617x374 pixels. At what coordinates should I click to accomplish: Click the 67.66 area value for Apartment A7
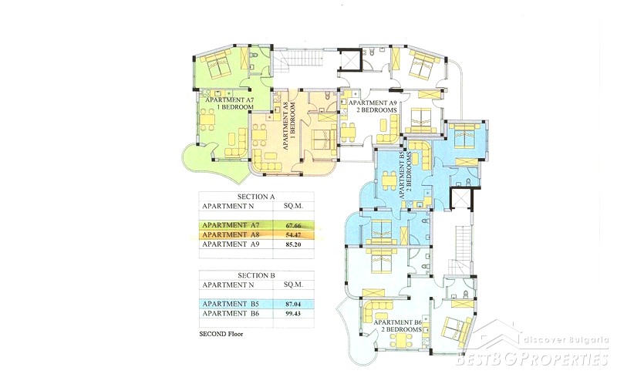293,225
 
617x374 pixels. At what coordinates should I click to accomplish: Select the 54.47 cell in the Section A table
293,234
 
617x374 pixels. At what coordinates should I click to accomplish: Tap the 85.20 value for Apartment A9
293,244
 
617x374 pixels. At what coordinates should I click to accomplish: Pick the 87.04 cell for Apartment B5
293,304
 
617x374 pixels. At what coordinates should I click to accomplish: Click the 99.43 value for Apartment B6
293,313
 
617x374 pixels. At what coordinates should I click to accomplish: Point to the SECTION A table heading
256,197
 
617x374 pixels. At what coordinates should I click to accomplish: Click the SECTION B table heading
256,275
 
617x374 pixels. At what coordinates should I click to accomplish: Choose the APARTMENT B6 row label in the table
231,313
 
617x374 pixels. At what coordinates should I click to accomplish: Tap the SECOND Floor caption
221,334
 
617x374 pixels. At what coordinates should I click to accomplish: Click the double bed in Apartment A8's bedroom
325,142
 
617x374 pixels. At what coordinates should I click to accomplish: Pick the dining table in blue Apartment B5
389,181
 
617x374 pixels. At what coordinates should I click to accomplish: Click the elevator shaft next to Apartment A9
349,60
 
